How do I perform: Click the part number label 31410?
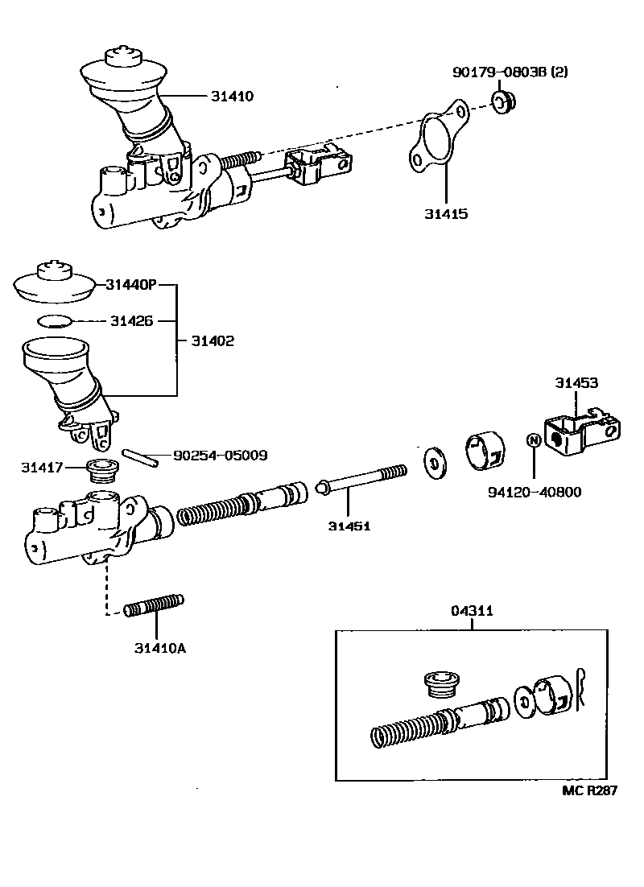click(232, 96)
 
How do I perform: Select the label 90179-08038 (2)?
click(510, 72)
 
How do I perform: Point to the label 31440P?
click(130, 284)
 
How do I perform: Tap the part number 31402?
click(213, 340)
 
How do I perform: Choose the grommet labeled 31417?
click(101, 469)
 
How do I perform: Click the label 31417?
click(42, 467)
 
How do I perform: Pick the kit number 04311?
click(472, 611)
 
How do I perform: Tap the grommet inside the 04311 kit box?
click(440, 686)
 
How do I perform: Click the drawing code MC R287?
click(588, 790)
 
